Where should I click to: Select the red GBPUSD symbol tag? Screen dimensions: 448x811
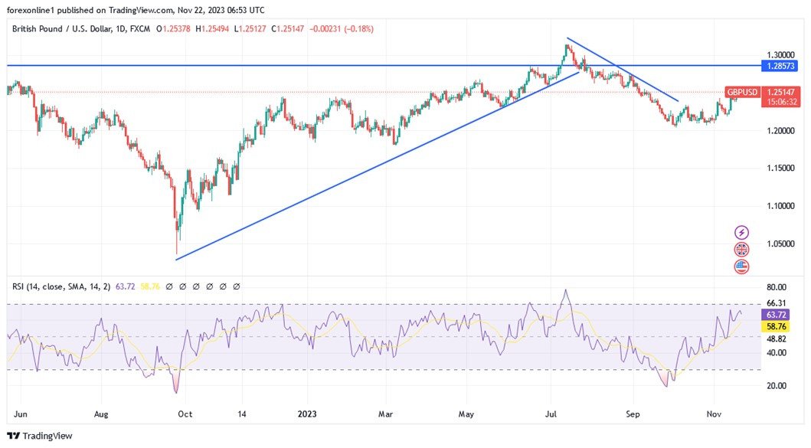click(x=742, y=92)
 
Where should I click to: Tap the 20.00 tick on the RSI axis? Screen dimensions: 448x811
click(x=776, y=385)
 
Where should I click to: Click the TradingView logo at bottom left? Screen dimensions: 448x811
click(x=40, y=436)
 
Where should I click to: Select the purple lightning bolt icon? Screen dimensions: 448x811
click(x=741, y=232)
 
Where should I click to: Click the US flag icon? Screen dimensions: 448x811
click(x=741, y=267)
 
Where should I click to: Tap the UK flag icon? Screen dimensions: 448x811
click(x=741, y=249)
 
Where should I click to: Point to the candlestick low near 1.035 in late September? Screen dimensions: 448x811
click(x=176, y=253)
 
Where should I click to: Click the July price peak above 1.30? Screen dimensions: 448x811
click(x=567, y=46)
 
